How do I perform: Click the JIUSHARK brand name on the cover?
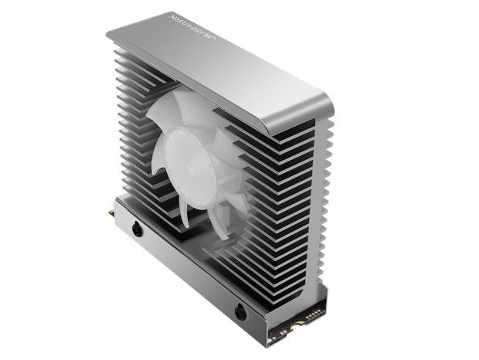point(193,28)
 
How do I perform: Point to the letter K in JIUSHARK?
point(172,16)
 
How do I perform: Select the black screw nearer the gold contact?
point(138,229)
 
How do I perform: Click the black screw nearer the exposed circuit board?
point(240,312)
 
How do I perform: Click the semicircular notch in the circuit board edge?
point(295,328)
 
